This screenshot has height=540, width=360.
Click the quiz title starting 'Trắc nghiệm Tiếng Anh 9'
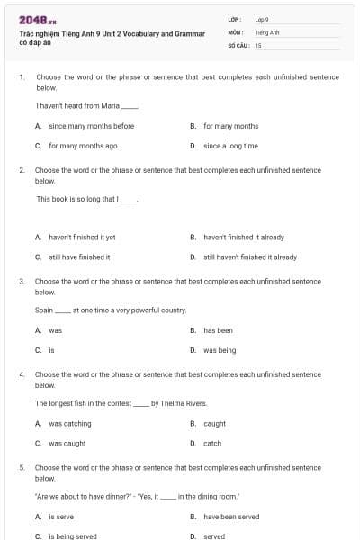click(x=112, y=33)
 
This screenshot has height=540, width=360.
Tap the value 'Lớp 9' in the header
click(x=262, y=19)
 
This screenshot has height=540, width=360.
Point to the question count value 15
click(x=258, y=44)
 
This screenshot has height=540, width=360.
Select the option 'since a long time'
click(x=230, y=145)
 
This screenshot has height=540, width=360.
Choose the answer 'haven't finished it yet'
click(x=82, y=238)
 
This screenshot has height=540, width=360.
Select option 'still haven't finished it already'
click(x=249, y=256)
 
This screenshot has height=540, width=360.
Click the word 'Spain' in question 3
click(x=45, y=310)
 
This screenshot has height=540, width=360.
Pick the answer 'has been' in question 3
click(x=218, y=330)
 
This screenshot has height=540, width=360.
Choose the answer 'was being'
click(x=220, y=349)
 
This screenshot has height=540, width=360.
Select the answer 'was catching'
click(x=70, y=423)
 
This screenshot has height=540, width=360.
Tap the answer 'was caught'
click(x=67, y=443)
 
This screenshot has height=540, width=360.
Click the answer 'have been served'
click(x=231, y=517)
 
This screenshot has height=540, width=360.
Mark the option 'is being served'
click(x=73, y=535)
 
